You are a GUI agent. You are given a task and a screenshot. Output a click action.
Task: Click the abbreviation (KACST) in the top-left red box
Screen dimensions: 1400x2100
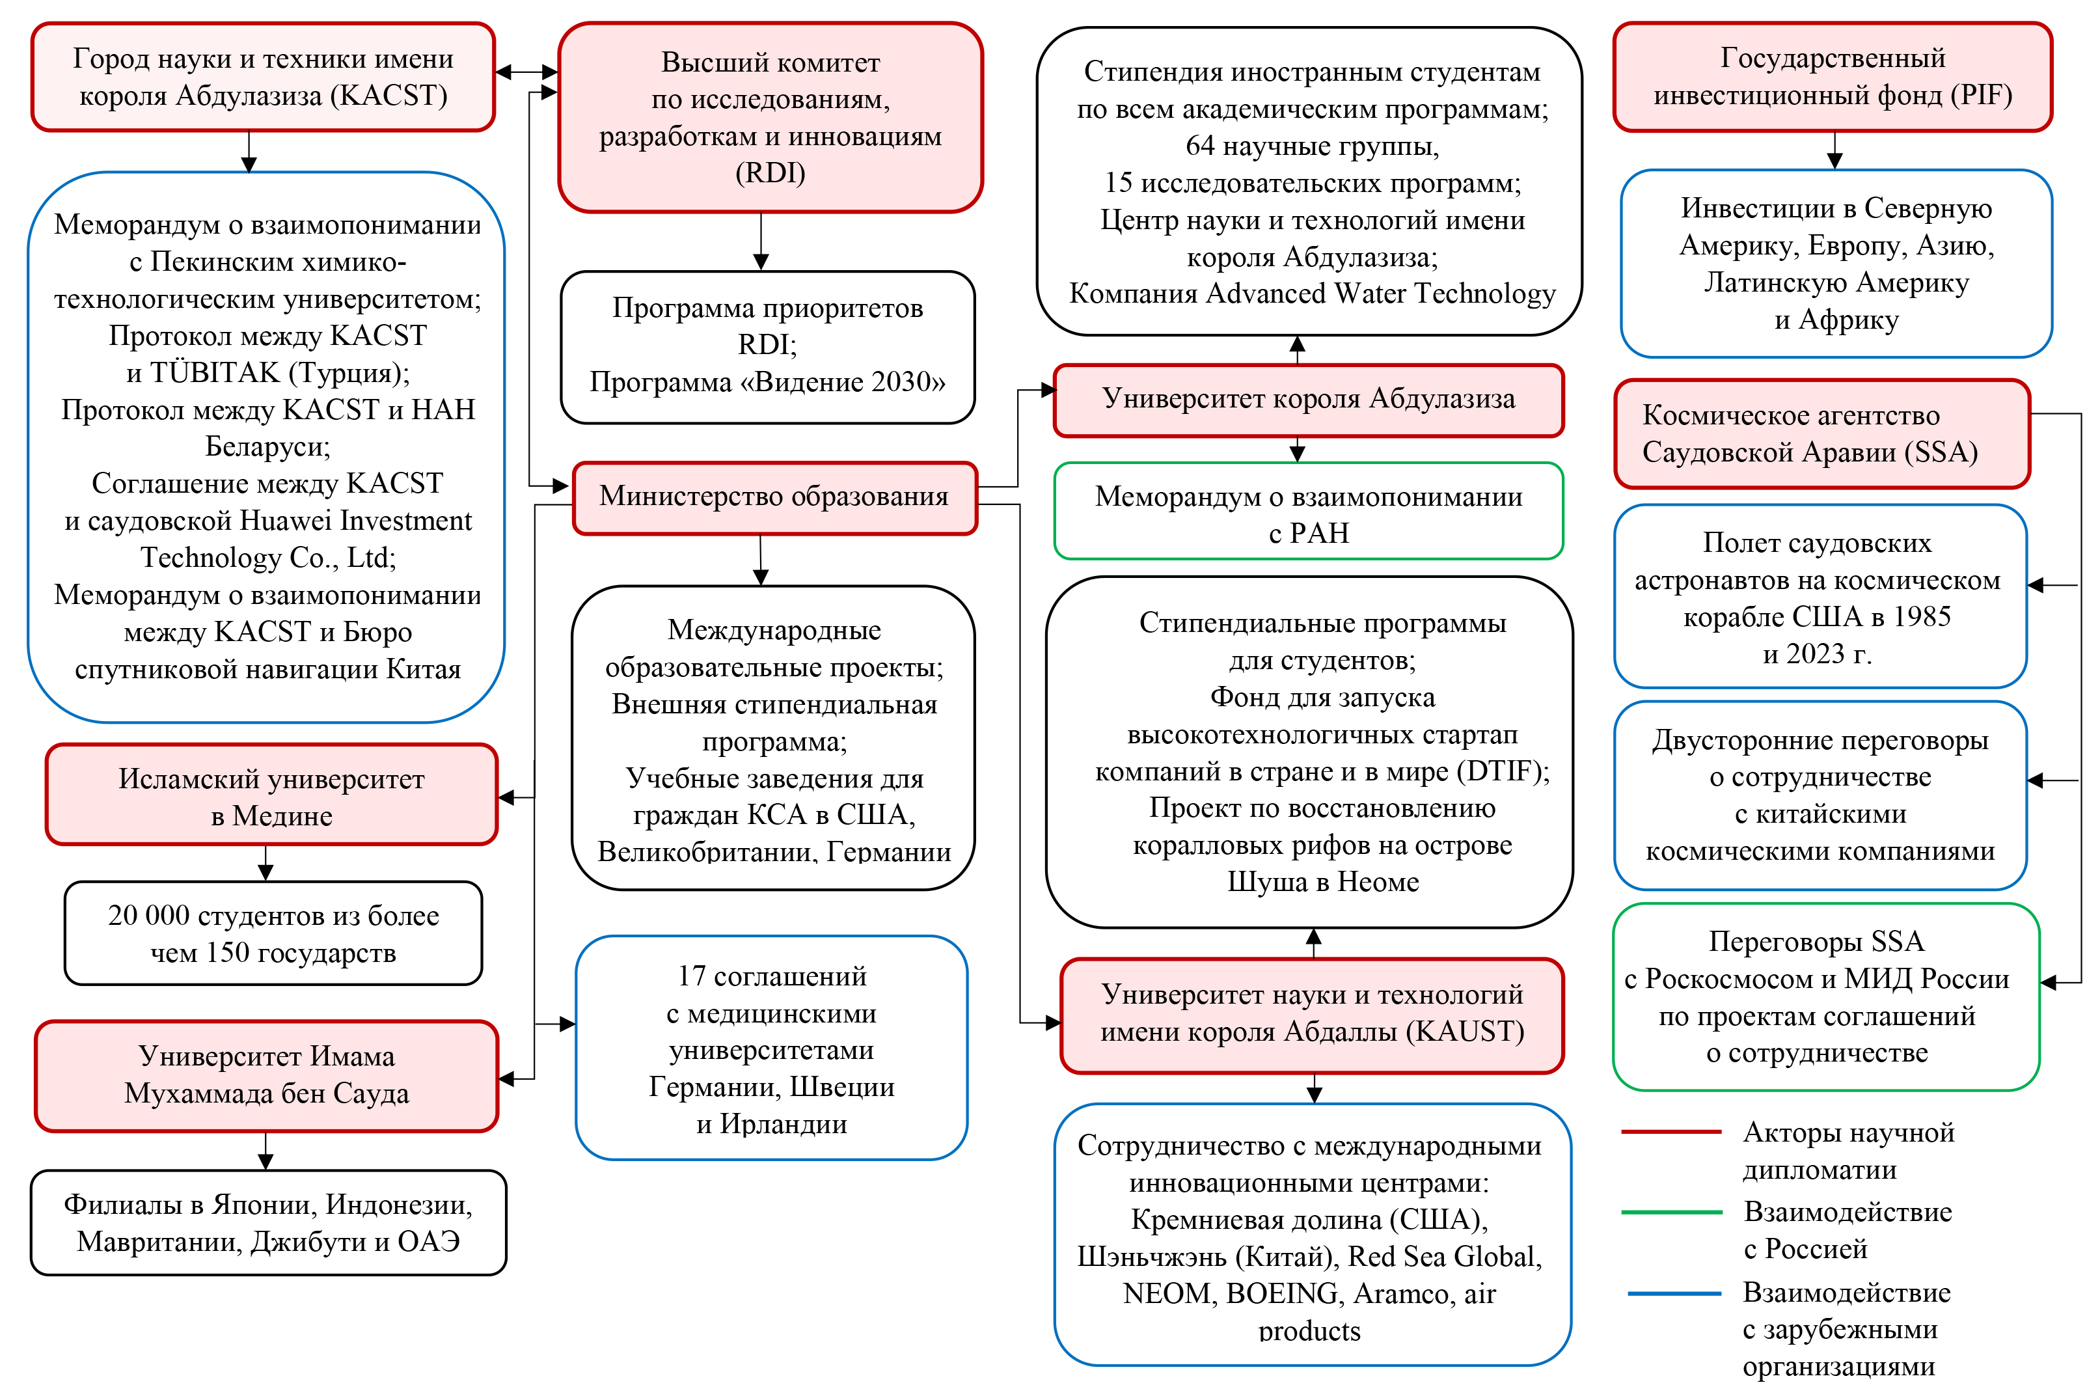coord(389,96)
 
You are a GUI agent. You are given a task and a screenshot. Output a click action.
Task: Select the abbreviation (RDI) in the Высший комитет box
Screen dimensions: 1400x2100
coord(770,172)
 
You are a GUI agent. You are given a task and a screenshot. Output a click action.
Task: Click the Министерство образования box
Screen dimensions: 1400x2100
coord(774,497)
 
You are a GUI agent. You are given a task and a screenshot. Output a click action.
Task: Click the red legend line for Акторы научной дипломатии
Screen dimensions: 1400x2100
coord(1670,1132)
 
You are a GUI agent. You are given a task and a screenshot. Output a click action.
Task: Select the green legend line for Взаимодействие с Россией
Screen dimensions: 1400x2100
coord(1670,1212)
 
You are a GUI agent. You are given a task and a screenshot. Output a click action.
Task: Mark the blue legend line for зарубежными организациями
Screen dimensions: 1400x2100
coord(1673,1293)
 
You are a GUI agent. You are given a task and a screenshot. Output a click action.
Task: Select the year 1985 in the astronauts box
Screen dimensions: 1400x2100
coord(1920,617)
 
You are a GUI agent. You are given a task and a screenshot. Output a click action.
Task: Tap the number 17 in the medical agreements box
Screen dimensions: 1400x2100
coord(692,977)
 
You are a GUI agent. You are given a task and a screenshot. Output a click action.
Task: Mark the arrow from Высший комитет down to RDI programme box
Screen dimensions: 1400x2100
coord(760,241)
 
